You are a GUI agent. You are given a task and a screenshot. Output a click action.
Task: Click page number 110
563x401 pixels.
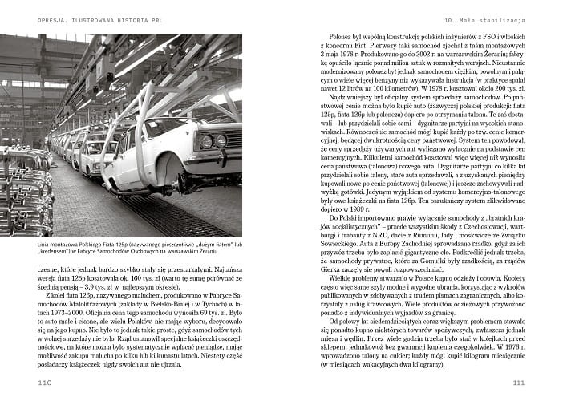click(x=45, y=383)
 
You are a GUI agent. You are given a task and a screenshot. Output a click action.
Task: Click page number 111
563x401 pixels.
click(x=517, y=383)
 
